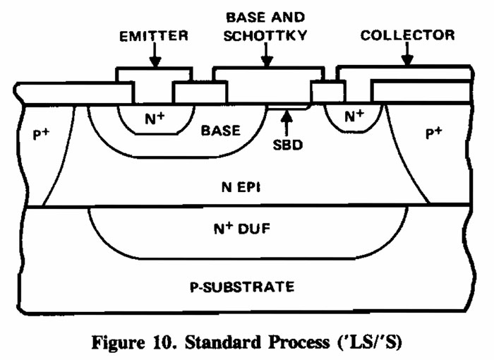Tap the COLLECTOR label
point(407,35)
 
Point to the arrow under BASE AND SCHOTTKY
point(267,53)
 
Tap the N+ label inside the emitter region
point(155,119)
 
